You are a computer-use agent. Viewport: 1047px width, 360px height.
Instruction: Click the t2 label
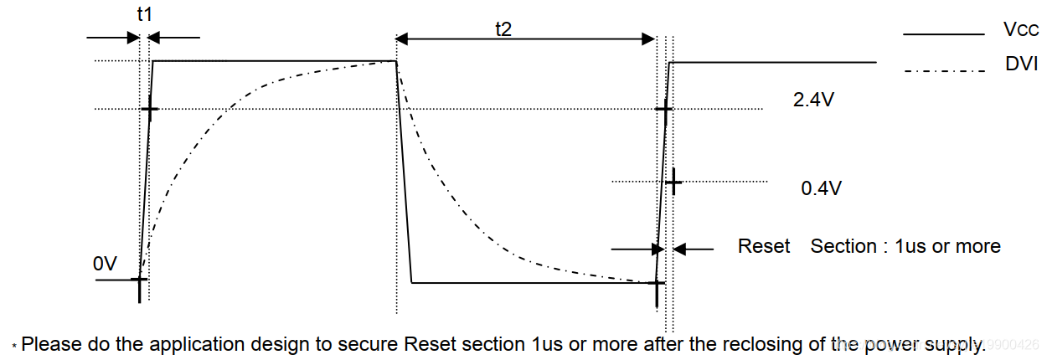[503, 28]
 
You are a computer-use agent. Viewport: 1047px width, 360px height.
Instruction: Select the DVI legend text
[1021, 64]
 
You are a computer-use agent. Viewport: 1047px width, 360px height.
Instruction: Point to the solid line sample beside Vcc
[942, 34]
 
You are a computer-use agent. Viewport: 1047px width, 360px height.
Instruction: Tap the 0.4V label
[821, 188]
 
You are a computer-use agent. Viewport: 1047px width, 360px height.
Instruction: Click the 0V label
[106, 264]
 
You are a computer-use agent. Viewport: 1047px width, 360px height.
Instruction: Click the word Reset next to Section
[764, 246]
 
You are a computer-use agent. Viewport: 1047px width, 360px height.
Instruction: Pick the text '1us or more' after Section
[947, 246]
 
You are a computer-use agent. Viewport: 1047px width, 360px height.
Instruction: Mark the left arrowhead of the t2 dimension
[401, 39]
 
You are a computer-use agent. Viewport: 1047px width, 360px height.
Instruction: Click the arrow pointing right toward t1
[132, 37]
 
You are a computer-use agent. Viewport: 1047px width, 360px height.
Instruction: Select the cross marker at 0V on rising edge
[141, 280]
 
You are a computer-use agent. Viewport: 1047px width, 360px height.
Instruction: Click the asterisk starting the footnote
[14, 346]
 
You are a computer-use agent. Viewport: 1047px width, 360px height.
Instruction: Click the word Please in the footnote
[47, 343]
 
